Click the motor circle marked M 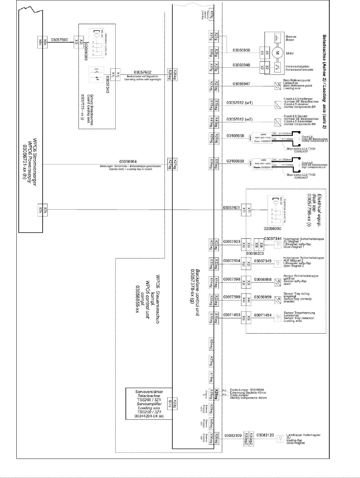[277, 53]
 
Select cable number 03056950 [241, 51]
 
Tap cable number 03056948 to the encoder [241, 65]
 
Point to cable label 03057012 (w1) [240, 103]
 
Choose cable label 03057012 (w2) [240, 119]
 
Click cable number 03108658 [235, 136]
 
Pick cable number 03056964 [128, 161]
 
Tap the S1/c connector [170, 404]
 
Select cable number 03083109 [233, 436]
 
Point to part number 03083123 [265, 435]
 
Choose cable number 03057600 [59, 40]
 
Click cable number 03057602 [143, 72]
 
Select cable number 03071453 [232, 315]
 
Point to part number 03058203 [255, 254]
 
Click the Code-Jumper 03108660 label [247, 390]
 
